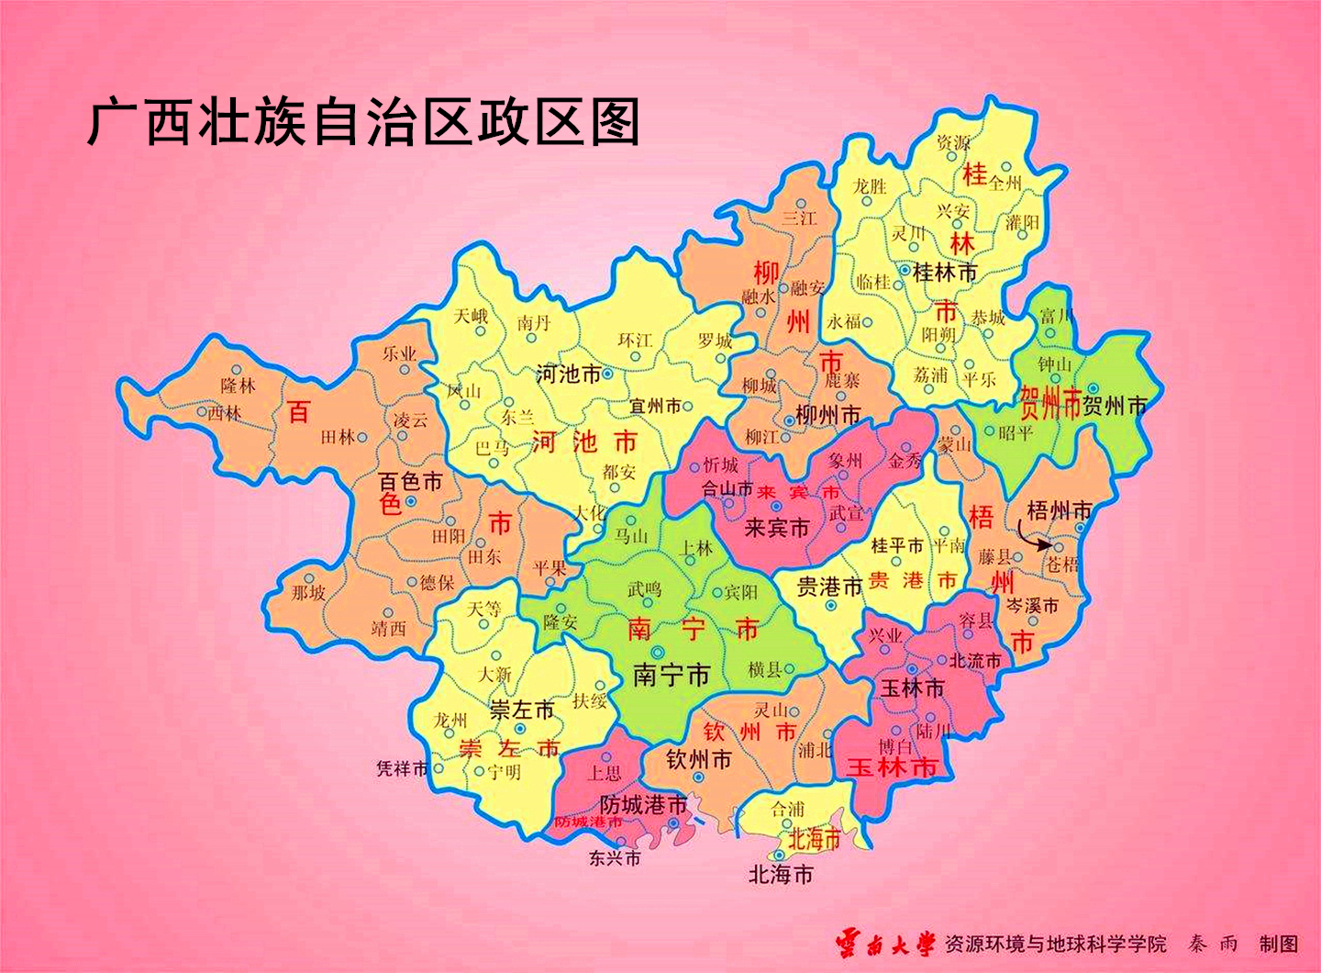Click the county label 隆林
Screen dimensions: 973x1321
tap(238, 386)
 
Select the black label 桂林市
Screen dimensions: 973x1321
tap(945, 273)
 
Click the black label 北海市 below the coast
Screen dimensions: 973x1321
tap(781, 875)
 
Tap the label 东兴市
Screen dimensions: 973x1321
tap(615, 859)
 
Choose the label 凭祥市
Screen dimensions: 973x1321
tap(402, 768)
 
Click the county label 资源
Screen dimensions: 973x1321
tap(953, 144)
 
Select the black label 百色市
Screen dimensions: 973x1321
tap(410, 481)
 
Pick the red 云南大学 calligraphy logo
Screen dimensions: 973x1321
tap(884, 944)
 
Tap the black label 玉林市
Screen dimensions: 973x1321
tap(912, 688)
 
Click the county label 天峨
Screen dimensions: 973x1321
tap(470, 316)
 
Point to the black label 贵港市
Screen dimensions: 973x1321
tap(829, 587)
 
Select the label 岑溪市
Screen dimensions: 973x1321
tap(1032, 606)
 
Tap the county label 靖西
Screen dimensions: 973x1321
tap(388, 629)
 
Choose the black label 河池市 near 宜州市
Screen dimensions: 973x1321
tap(568, 374)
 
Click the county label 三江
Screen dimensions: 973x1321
tap(798, 218)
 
